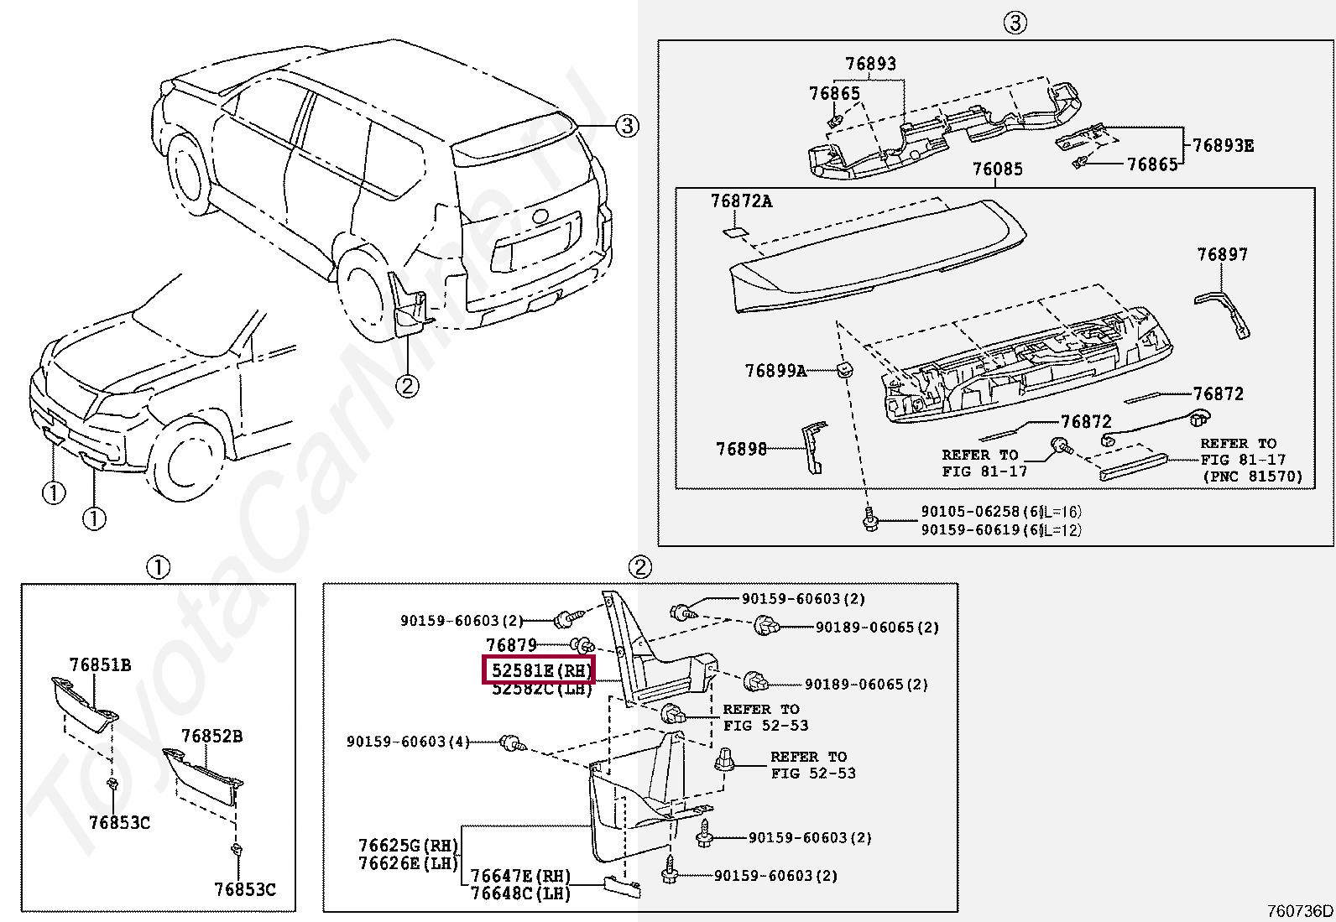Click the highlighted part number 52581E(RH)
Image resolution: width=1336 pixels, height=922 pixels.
538,670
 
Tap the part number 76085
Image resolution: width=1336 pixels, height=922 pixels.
997,169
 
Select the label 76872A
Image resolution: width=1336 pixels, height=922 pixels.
741,201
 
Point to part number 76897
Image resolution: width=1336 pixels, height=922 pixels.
1223,255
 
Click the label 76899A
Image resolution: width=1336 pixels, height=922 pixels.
775,370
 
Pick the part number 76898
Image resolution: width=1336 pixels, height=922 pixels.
741,450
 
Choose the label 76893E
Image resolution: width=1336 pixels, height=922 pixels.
1223,146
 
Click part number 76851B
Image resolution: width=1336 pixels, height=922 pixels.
100,665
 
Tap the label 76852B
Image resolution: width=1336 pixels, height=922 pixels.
211,737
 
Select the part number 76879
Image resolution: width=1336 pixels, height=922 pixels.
511,645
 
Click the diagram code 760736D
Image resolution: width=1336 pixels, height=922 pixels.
1300,911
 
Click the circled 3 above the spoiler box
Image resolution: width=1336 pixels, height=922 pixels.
1015,23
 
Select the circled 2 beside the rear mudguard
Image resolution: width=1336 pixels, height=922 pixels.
406,386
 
